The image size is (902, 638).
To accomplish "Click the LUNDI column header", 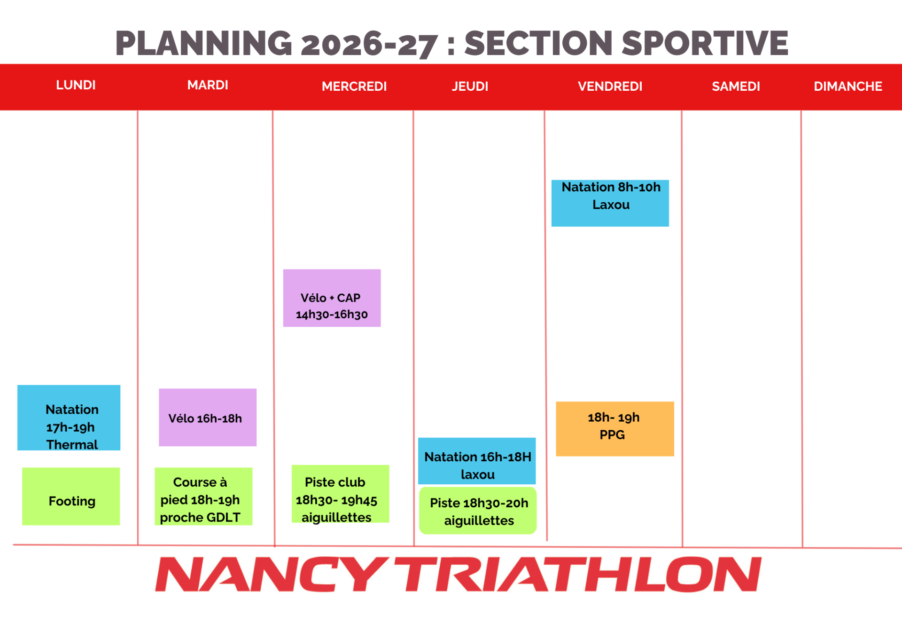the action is coord(76,85).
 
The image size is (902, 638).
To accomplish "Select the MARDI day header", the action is coord(208,85).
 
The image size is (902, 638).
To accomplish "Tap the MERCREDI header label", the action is coord(354,87).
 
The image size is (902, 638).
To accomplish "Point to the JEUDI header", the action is coord(470,87).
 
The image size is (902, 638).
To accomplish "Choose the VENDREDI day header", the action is coord(610,87).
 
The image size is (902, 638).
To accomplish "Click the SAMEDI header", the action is coord(736,87).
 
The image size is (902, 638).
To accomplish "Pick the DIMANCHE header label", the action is coord(848,87).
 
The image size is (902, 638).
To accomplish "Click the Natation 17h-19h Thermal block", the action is coord(69,417).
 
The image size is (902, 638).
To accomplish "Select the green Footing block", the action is coord(71,496).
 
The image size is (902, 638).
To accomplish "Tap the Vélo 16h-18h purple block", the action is coord(208,417).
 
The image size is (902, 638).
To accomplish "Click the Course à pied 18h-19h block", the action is coord(203,496).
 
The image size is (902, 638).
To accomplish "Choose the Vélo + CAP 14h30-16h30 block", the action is coord(332,298).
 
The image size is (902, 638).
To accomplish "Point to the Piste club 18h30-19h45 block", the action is coord(340,494).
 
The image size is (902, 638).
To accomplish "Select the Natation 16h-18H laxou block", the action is coord(477,461).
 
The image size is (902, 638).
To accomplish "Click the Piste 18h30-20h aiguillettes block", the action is coord(478,511).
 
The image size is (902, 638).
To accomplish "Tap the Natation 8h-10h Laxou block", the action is coord(610,203).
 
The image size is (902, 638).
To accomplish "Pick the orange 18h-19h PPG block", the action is coord(615,429).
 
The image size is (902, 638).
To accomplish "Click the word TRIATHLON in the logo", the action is coord(577,574).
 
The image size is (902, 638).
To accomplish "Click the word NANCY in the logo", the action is coord(271,574).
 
